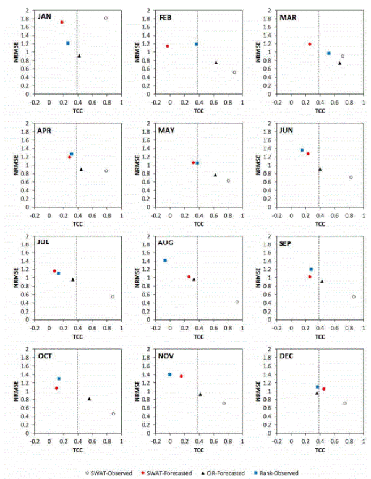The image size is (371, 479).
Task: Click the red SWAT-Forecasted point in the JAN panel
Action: tap(62, 22)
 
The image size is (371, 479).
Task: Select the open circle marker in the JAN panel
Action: tap(106, 18)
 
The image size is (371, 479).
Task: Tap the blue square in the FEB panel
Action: tap(196, 44)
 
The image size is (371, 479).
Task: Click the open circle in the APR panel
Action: tap(106, 171)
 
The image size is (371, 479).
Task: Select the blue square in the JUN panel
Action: tap(302, 150)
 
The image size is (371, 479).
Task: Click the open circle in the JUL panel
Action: tap(113, 297)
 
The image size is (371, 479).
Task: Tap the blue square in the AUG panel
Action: tap(165, 261)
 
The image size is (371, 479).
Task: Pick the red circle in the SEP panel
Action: tap(310, 277)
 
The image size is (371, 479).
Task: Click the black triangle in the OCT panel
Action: tap(89, 399)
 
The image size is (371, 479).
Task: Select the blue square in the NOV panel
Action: tap(170, 374)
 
